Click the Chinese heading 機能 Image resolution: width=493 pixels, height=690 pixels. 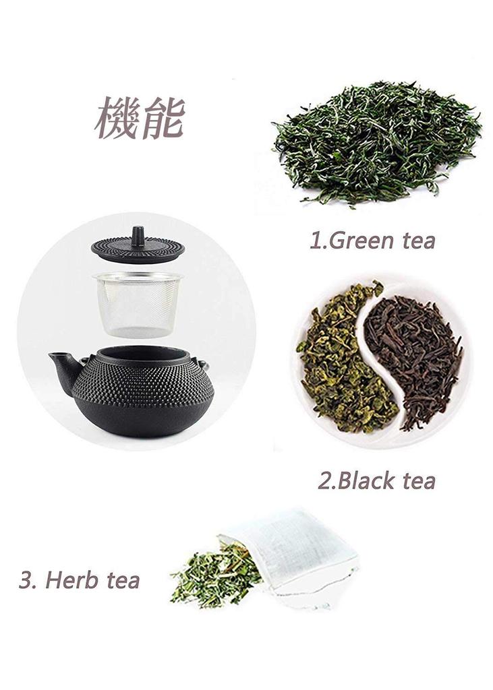point(140,117)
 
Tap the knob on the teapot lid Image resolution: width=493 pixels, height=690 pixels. point(138,236)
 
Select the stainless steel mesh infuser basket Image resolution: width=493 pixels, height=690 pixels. point(138,307)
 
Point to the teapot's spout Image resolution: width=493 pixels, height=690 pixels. point(61,368)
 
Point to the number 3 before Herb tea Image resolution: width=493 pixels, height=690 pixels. point(26,579)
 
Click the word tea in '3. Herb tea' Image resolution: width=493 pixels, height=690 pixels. point(121,579)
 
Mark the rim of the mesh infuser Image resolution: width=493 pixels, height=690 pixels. point(138,277)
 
